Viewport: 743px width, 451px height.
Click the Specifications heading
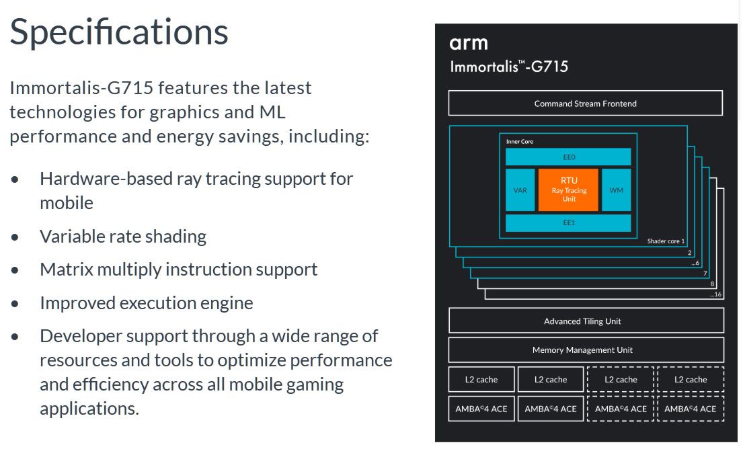119,32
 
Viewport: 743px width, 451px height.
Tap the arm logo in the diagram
468,44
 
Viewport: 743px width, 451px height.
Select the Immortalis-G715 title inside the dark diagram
509,67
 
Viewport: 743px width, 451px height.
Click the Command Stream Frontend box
585,104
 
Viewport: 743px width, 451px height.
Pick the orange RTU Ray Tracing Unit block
568,190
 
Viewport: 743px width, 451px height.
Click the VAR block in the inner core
520,190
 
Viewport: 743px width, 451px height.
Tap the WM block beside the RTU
616,190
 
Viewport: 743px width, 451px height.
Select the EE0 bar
568,157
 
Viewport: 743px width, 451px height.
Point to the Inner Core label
519,142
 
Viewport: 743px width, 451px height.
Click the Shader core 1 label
666,241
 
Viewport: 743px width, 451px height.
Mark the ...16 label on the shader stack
715,294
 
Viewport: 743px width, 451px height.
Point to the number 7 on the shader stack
705,274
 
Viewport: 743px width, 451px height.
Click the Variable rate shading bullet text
123,237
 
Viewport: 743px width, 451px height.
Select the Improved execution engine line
146,303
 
